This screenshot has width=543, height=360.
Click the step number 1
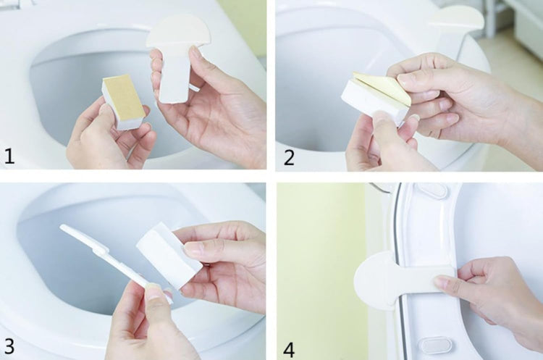9,156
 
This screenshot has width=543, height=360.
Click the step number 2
289,158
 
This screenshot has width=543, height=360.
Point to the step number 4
289,350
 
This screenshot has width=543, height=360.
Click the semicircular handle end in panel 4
372,280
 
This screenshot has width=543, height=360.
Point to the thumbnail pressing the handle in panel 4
442,281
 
